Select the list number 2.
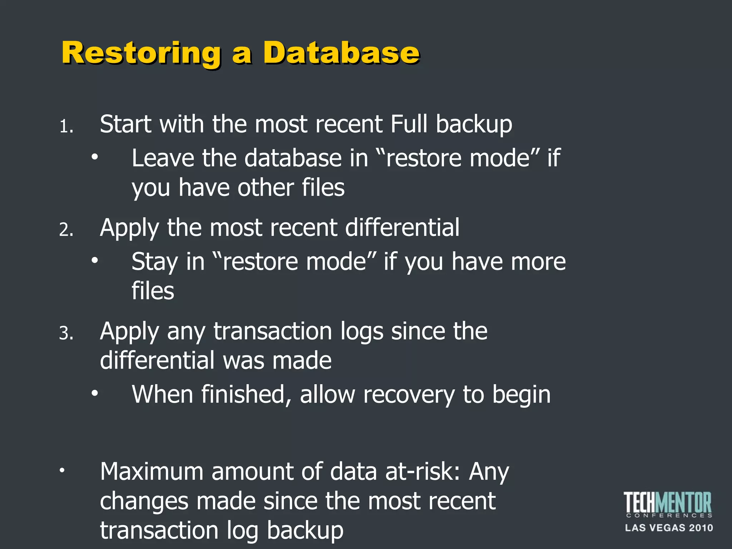tap(66, 230)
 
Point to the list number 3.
tap(66, 333)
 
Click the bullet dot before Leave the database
tap(94, 157)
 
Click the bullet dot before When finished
tap(94, 393)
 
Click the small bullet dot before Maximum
tap(62, 470)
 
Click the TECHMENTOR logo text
tap(668, 503)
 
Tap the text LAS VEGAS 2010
tap(669, 528)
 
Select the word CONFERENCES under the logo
tap(669, 516)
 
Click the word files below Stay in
tap(153, 291)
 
